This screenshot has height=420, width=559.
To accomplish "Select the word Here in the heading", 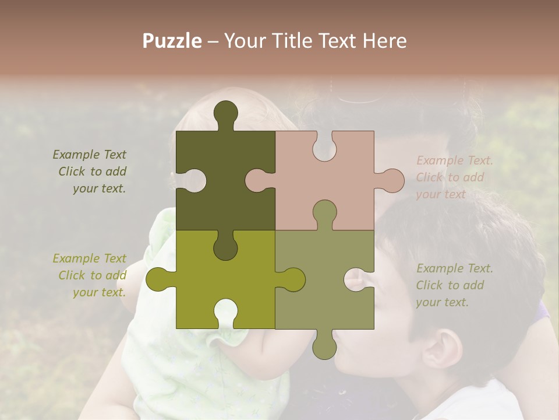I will (x=384, y=41).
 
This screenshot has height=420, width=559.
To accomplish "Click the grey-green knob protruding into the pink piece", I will (x=324, y=213).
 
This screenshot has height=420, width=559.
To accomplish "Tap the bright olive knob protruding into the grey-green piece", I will (x=291, y=279).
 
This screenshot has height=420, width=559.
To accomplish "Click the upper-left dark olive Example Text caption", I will (x=90, y=171).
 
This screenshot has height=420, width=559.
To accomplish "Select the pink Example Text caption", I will (x=454, y=177).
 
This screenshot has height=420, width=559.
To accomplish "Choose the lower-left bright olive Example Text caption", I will (x=90, y=275).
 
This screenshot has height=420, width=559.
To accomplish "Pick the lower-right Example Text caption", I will (x=454, y=285).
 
